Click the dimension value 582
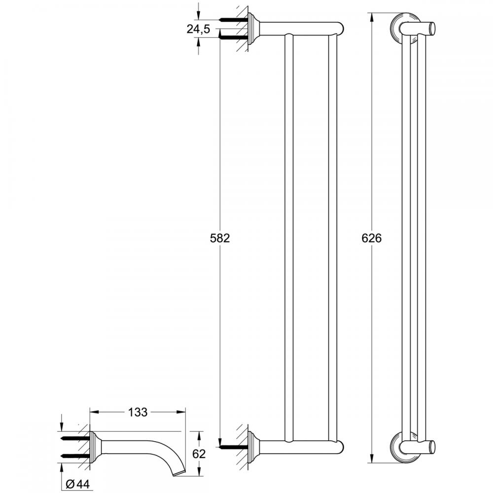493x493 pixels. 220,238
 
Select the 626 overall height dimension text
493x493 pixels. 372,238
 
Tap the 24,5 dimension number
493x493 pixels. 198,30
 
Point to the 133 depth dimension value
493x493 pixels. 138,412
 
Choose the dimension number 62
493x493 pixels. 199,454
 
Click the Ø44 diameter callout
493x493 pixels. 78,483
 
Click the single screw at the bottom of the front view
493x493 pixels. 232,447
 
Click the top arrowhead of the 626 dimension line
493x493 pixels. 372,16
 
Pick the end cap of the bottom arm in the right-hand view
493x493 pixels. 432,447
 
